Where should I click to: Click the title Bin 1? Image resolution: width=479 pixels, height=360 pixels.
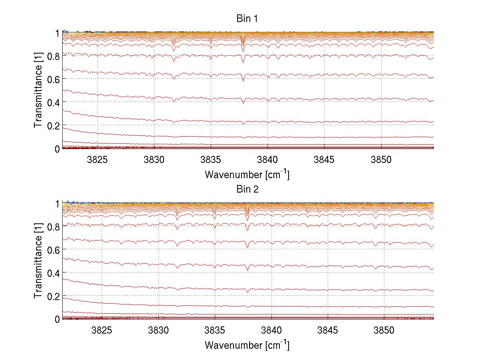click(x=247, y=19)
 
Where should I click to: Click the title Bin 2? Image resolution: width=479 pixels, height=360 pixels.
click(x=247, y=189)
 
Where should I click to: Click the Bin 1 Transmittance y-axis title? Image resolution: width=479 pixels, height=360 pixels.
click(x=38, y=91)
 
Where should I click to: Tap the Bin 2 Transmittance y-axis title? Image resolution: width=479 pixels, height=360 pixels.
click(x=38, y=261)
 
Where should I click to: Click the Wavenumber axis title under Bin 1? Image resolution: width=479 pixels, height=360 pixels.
click(x=247, y=174)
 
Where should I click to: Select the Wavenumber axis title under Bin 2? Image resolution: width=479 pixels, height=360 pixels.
click(x=247, y=345)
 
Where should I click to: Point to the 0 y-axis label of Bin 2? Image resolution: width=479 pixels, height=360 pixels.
click(x=57, y=319)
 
